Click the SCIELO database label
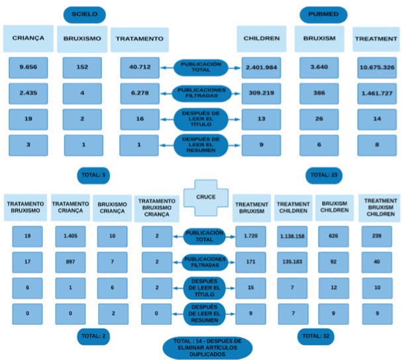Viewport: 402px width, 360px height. [84, 14]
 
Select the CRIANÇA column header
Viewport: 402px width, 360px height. [28, 38]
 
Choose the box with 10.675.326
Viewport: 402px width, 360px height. [376, 67]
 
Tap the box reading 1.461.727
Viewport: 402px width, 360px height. [376, 94]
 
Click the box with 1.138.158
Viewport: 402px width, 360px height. [292, 236]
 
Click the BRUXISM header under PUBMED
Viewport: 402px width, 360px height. [319, 38]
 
